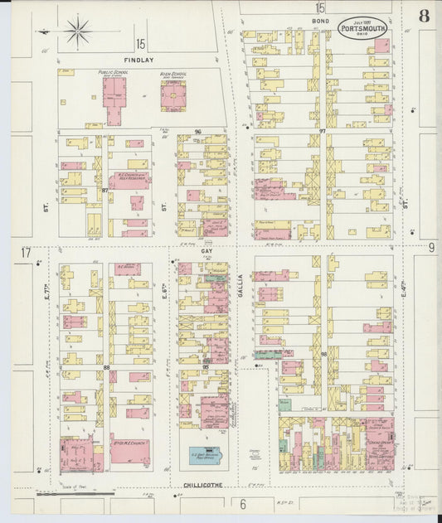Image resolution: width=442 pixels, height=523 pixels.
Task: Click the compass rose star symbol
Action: [79, 32]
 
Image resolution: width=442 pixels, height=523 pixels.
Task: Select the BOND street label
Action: [320, 20]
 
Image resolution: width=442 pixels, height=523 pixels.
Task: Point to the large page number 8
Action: [424, 15]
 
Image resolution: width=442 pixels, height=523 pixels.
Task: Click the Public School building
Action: [114, 102]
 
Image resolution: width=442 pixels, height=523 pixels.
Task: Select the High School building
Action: [172, 98]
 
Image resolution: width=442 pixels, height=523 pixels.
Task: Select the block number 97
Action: [323, 132]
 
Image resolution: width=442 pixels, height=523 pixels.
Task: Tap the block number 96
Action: [198, 132]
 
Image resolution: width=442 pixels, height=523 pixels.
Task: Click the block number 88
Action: [106, 366]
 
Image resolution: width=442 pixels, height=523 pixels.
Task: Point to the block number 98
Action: [323, 354]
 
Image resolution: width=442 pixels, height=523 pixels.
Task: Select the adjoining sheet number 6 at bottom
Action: [243, 503]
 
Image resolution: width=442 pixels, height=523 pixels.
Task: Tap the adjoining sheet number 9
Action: [431, 247]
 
